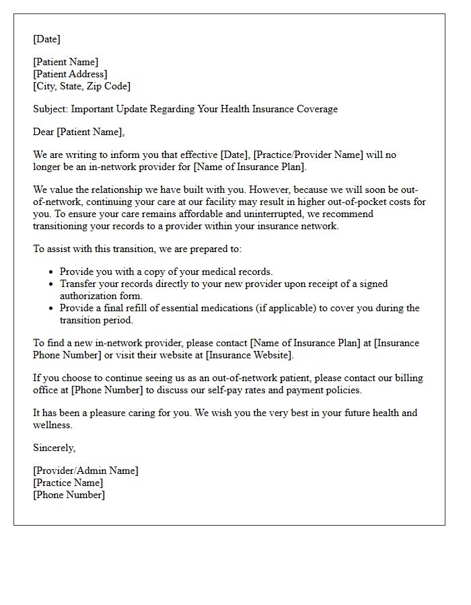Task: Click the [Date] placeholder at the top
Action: tap(46, 39)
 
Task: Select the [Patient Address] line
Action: tap(70, 74)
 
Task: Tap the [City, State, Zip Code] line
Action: tap(81, 86)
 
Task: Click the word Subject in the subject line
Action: tap(50, 109)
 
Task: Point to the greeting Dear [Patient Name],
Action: tap(79, 132)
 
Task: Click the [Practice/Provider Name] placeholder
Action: tap(307, 155)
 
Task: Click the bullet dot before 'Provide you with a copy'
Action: tap(52, 272)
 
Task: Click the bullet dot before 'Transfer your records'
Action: tap(52, 284)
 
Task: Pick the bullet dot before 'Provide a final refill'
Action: tap(52, 309)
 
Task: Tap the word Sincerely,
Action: tap(54, 448)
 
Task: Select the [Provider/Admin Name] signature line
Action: tap(85, 471)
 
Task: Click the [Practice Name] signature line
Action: tap(68, 483)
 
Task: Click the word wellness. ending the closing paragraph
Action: tap(52, 425)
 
